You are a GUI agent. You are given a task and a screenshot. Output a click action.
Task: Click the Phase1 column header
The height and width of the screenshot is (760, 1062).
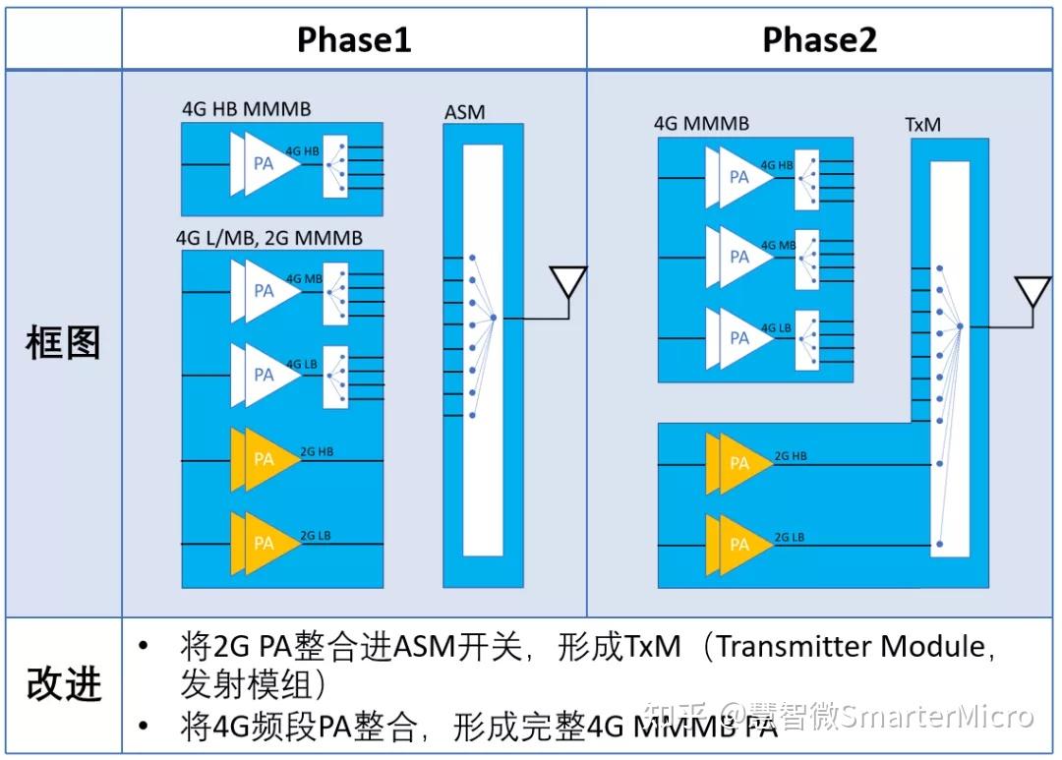pyautogui.click(x=354, y=39)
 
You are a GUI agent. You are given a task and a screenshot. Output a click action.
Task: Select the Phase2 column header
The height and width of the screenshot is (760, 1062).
pyautogui.click(x=819, y=39)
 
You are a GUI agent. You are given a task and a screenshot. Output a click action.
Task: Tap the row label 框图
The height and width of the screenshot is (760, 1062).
pyautogui.click(x=63, y=343)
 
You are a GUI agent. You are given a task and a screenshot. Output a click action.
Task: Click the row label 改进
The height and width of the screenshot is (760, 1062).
pyautogui.click(x=63, y=684)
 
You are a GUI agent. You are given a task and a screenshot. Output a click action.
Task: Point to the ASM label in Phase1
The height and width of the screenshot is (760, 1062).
pyautogui.click(x=464, y=112)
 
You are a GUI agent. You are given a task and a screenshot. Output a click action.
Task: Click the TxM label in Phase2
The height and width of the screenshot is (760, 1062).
pyautogui.click(x=923, y=126)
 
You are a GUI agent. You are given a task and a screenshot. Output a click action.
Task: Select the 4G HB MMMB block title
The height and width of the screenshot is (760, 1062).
pyautogui.click(x=246, y=108)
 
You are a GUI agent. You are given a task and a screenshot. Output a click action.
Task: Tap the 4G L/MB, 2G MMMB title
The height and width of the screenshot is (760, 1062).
pyautogui.click(x=268, y=238)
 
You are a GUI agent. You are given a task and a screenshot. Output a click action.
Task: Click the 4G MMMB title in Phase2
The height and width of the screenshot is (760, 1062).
pyautogui.click(x=701, y=124)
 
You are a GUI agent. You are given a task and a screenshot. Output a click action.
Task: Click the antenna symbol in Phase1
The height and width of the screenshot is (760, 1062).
pyautogui.click(x=567, y=282)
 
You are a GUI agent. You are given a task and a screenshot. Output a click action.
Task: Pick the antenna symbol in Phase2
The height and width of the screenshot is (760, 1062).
pyautogui.click(x=1032, y=292)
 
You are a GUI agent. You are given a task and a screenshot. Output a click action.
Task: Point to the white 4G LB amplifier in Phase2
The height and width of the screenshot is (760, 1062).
pyautogui.click(x=740, y=337)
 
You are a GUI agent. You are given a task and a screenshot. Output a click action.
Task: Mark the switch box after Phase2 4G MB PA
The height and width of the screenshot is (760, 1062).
pyautogui.click(x=806, y=258)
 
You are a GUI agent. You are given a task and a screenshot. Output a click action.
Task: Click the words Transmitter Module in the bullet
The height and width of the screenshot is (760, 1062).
pyautogui.click(x=850, y=646)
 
